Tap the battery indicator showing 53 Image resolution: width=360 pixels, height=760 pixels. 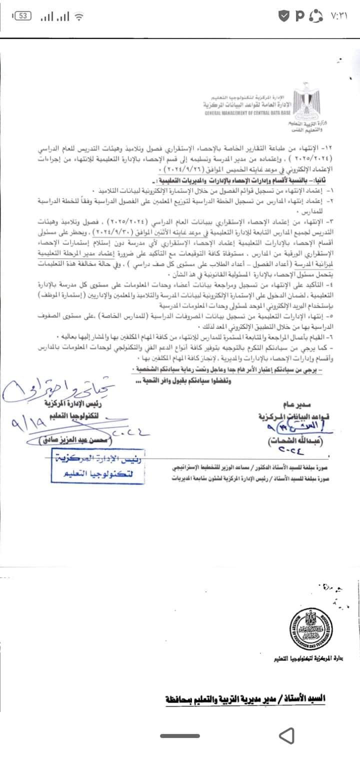point(21,16)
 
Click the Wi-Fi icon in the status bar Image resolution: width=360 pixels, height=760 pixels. point(78,16)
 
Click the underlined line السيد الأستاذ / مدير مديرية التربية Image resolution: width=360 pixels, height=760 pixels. point(245,696)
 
